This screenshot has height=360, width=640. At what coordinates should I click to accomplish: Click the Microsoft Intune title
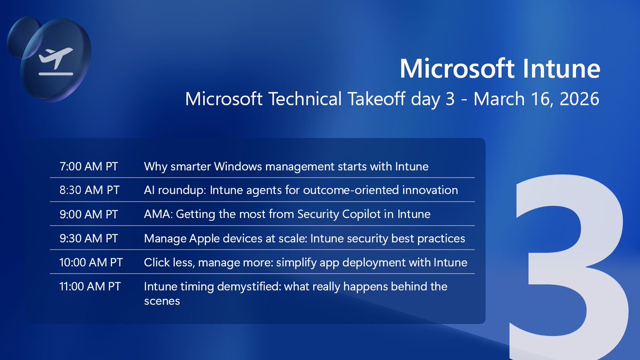pos(500,70)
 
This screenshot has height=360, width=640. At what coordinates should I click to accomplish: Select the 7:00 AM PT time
pos(89,166)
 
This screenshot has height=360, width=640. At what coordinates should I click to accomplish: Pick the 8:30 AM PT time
pos(89,190)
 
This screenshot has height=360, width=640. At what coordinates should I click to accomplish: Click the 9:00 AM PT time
pos(89,214)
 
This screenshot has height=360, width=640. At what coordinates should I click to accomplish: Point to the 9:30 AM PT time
pos(89,238)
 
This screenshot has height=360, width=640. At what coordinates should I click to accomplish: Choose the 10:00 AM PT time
pos(91,262)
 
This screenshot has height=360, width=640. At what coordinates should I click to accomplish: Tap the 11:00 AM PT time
pos(90,287)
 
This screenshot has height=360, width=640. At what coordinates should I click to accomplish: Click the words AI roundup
pos(172,190)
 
